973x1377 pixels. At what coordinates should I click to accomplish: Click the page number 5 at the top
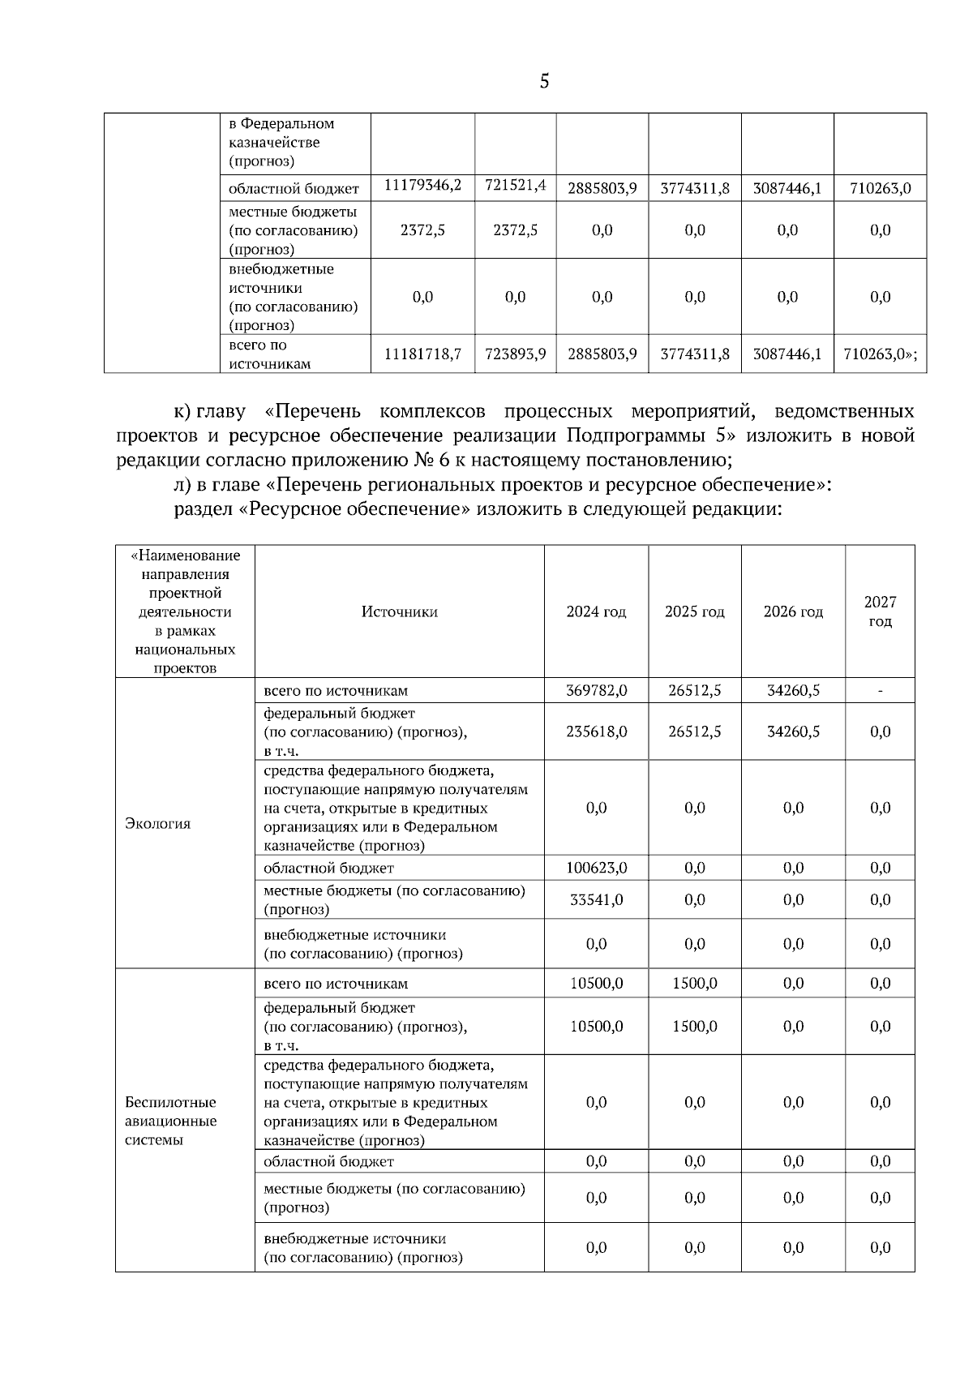pos(544,81)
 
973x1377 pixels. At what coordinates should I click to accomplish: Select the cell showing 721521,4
pos(515,186)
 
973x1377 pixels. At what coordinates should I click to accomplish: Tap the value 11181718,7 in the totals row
pos(422,354)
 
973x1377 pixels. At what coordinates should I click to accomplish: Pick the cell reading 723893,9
pos(515,354)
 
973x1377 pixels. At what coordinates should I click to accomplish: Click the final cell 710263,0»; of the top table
pos(880,354)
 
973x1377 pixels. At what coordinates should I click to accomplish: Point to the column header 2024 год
pos(596,611)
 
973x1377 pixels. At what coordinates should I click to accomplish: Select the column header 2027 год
pos(880,611)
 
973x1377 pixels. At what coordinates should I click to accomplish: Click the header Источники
pos(399,611)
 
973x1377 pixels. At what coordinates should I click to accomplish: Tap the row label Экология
pos(157,823)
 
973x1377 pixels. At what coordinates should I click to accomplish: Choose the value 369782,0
pos(596,691)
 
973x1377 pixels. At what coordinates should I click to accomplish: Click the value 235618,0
pos(596,731)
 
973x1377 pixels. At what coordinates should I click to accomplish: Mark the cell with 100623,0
pos(596,868)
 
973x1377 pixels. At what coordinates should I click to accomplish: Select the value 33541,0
pos(596,899)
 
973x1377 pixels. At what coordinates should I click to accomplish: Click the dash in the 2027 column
pos(880,691)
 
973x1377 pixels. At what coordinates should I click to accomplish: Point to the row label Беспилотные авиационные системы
pos(170,1121)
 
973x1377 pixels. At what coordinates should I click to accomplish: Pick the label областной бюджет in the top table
pos(293,189)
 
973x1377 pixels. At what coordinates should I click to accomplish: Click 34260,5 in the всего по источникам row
pos(793,691)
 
